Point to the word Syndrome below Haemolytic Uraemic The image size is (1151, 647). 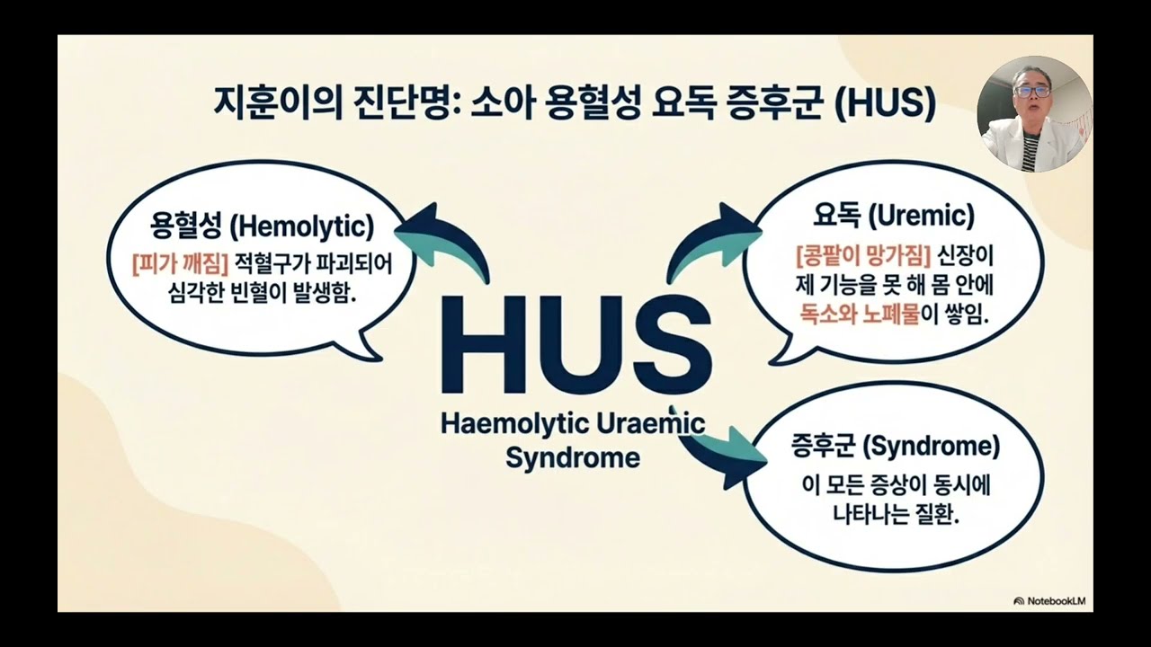click(573, 457)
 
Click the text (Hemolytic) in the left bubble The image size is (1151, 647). click(302, 226)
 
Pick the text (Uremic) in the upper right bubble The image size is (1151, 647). click(921, 216)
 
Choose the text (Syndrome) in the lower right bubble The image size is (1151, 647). click(931, 446)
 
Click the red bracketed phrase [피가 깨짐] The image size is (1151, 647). click(180, 264)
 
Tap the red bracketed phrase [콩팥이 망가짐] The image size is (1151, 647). click(863, 256)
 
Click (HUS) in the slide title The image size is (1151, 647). click(885, 102)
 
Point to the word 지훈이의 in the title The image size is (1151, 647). click(278, 102)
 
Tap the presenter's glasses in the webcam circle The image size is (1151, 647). click(1031, 92)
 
